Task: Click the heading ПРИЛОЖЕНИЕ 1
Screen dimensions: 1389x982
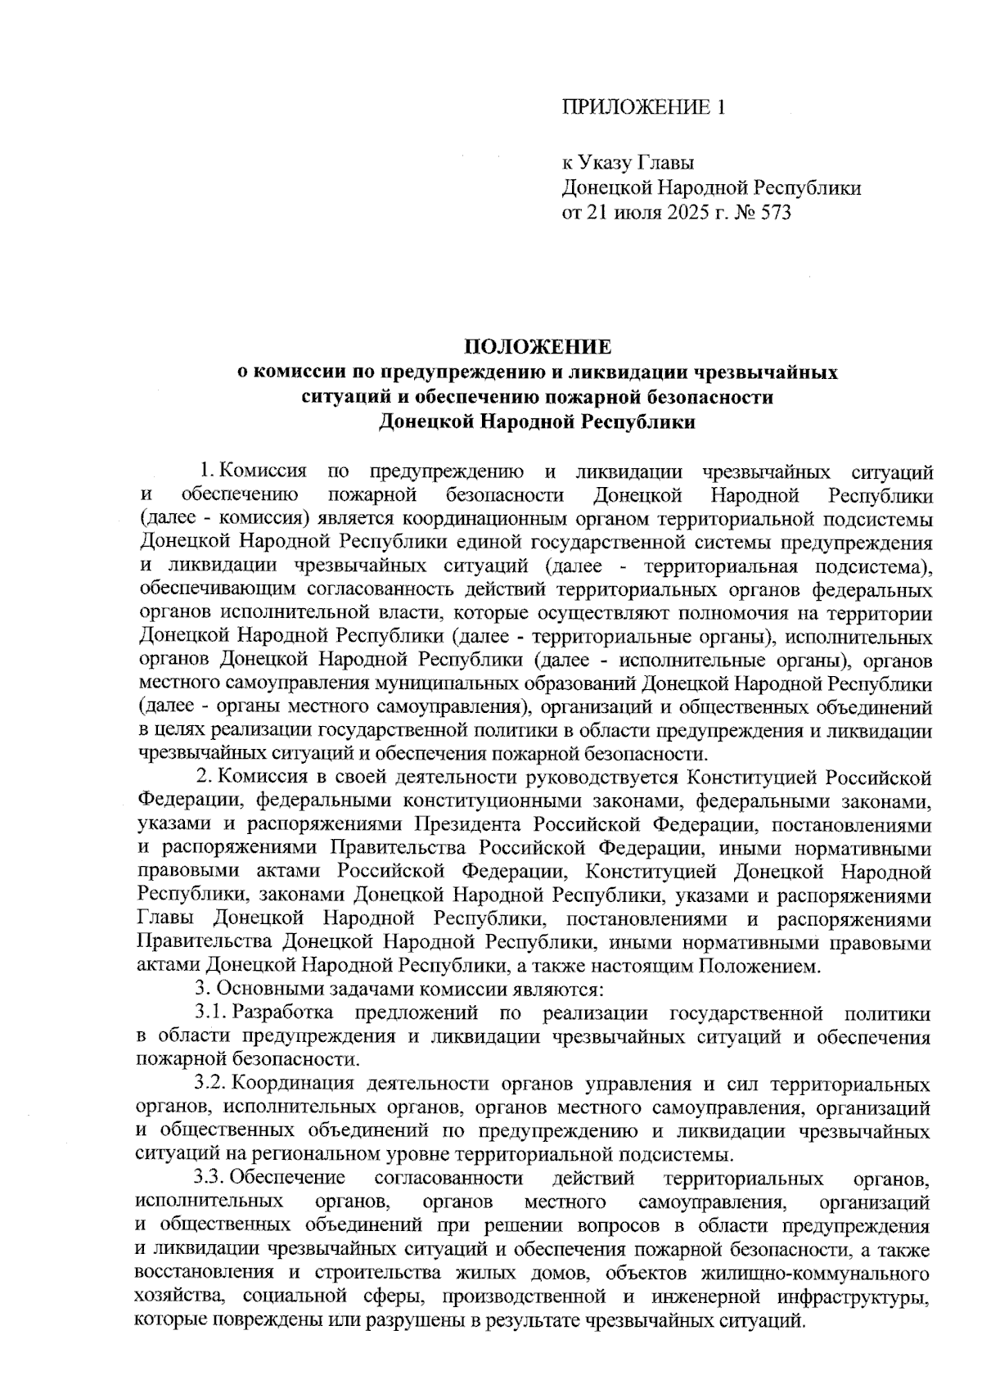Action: tap(642, 107)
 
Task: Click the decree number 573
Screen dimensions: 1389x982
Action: tap(775, 214)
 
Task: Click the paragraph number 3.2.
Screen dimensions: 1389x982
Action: tap(212, 1085)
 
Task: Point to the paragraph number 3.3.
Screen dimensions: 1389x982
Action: tap(212, 1179)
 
